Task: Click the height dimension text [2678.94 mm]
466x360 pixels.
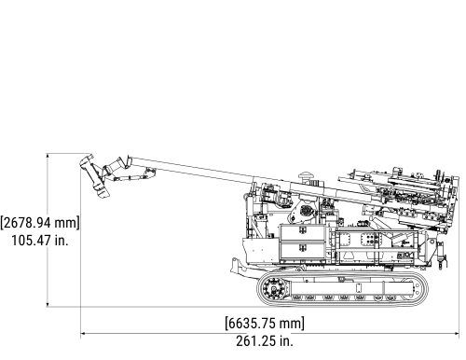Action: point(40,223)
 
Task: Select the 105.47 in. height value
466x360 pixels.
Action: point(40,241)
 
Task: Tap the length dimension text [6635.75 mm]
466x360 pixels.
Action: point(265,324)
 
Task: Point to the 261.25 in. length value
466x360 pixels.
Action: point(265,341)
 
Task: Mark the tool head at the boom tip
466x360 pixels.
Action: point(93,174)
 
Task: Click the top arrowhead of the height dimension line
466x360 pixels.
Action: point(48,158)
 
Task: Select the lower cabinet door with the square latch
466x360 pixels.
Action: point(304,251)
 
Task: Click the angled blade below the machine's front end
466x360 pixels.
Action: point(239,268)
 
